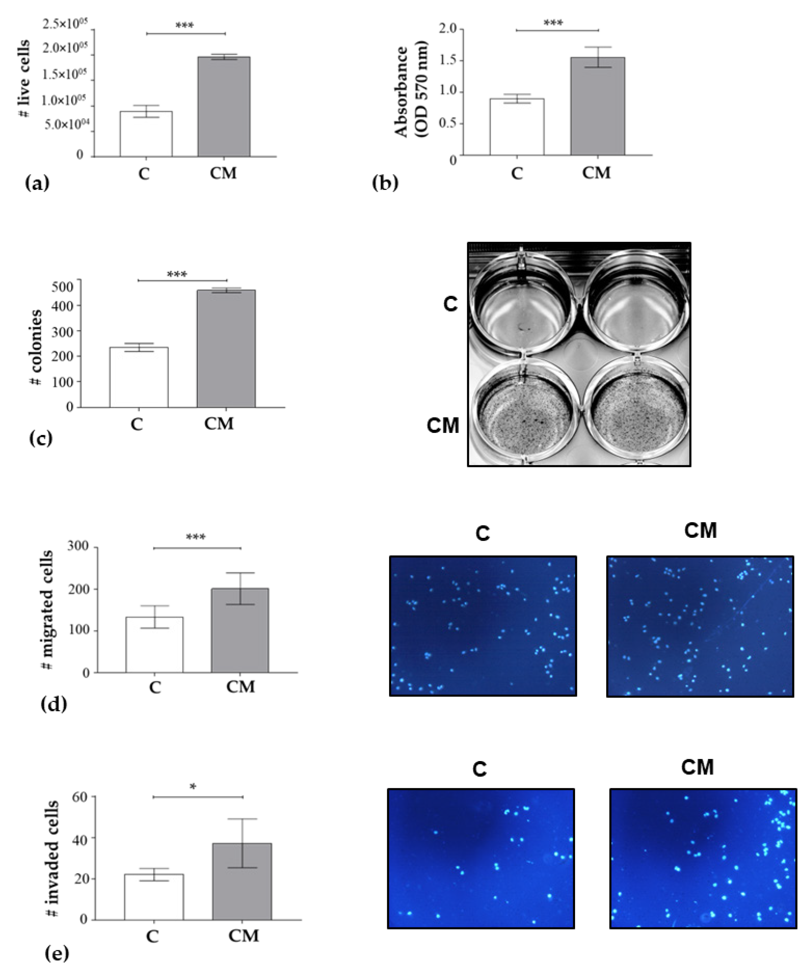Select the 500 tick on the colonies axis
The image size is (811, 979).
[x=63, y=286]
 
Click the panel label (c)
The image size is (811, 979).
[x=41, y=439]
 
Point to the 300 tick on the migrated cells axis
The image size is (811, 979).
[x=78, y=546]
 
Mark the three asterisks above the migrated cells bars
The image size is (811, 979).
[x=196, y=537]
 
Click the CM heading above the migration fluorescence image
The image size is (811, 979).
[x=700, y=531]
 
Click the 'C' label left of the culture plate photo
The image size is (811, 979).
[x=450, y=304]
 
